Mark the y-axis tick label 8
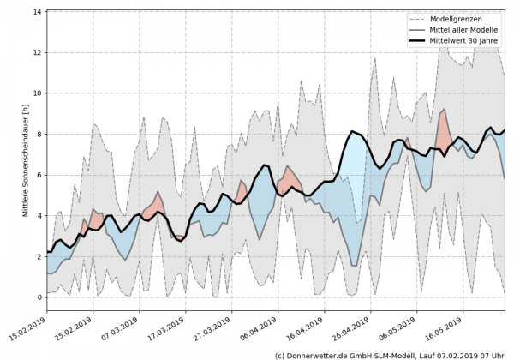39,134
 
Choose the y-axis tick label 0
39,297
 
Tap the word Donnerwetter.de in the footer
322,354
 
